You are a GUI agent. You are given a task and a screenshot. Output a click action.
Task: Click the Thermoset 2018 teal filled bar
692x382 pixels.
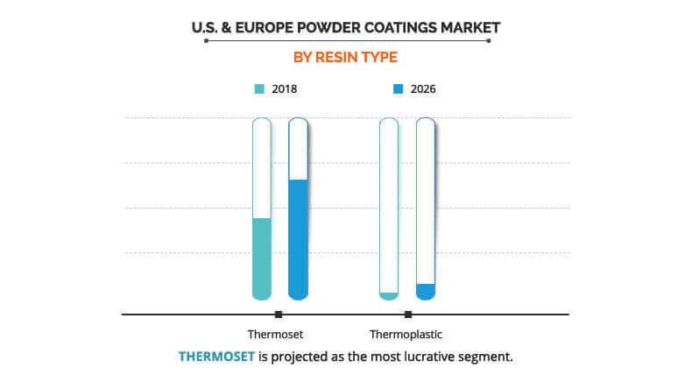click(x=261, y=258)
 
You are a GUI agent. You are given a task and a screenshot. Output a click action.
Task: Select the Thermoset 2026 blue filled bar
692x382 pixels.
click(x=298, y=239)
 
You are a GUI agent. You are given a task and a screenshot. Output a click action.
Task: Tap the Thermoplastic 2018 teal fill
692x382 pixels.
click(x=389, y=296)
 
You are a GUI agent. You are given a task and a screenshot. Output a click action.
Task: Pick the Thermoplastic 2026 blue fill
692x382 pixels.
click(x=426, y=292)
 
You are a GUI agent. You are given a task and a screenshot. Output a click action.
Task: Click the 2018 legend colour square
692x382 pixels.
click(x=259, y=88)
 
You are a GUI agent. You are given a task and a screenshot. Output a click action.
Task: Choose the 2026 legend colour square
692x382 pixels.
click(x=398, y=88)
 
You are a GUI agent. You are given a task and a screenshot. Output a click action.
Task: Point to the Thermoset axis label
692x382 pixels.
click(x=276, y=334)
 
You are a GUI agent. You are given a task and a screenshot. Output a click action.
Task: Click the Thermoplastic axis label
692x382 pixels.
click(x=406, y=334)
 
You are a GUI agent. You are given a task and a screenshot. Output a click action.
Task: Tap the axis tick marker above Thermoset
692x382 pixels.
click(x=278, y=314)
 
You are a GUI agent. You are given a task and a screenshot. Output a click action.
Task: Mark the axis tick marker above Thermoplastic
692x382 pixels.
click(x=407, y=314)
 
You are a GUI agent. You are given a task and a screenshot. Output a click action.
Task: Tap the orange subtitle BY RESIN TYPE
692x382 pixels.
click(x=345, y=58)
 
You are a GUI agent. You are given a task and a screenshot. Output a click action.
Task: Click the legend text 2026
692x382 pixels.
click(x=423, y=88)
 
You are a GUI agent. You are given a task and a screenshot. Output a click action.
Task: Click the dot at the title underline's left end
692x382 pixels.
click(x=205, y=40)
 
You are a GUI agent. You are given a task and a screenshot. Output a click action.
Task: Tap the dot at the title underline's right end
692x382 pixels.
click(x=488, y=40)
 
